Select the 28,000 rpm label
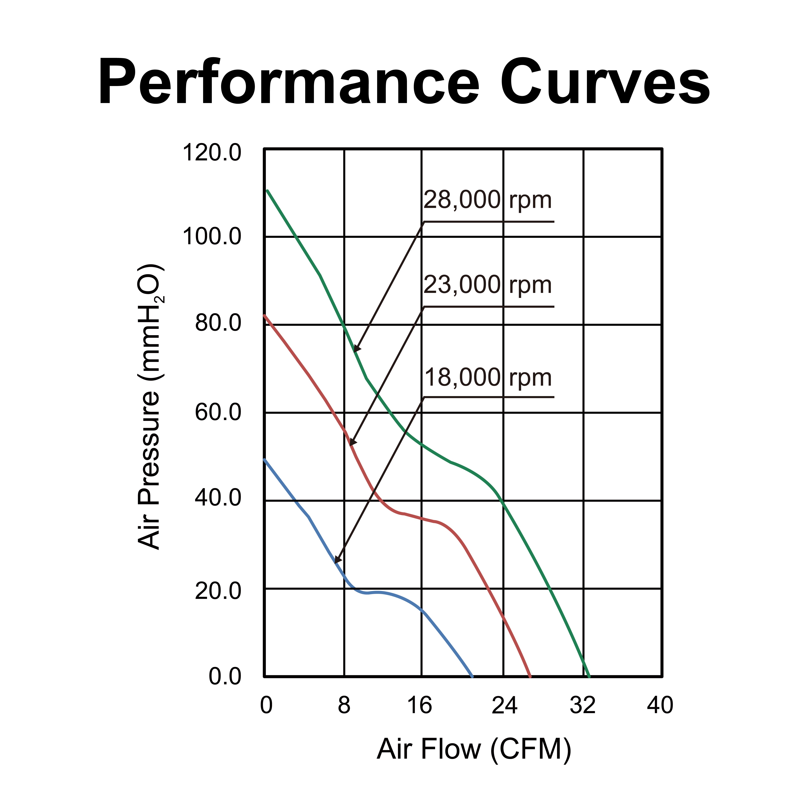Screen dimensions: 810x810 [x=487, y=200]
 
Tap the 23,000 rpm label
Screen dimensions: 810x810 [x=487, y=285]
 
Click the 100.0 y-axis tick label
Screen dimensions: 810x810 [x=212, y=237]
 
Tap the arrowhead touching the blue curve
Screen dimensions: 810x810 [x=337, y=560]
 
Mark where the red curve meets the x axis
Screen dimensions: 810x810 [x=530, y=676]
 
